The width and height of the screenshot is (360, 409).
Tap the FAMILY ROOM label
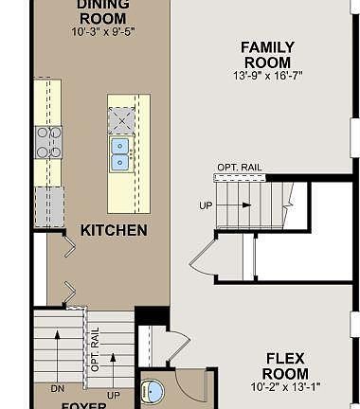[x=266, y=54]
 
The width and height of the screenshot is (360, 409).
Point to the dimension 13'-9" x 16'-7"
[x=266, y=75]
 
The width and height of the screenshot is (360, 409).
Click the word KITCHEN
[x=113, y=230]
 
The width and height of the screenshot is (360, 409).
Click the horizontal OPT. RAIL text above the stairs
[x=239, y=168]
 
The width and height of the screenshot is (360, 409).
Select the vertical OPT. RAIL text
[x=95, y=349]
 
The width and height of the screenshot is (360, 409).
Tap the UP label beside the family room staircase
[x=205, y=204]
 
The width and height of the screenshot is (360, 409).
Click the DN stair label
[x=56, y=387]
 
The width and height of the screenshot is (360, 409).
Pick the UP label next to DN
[x=115, y=393]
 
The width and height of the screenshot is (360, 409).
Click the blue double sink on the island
[x=121, y=154]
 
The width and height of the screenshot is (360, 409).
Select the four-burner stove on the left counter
[x=48, y=141]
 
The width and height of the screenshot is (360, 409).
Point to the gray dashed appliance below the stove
[x=48, y=202]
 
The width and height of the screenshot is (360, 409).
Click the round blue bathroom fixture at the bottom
[x=154, y=395]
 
